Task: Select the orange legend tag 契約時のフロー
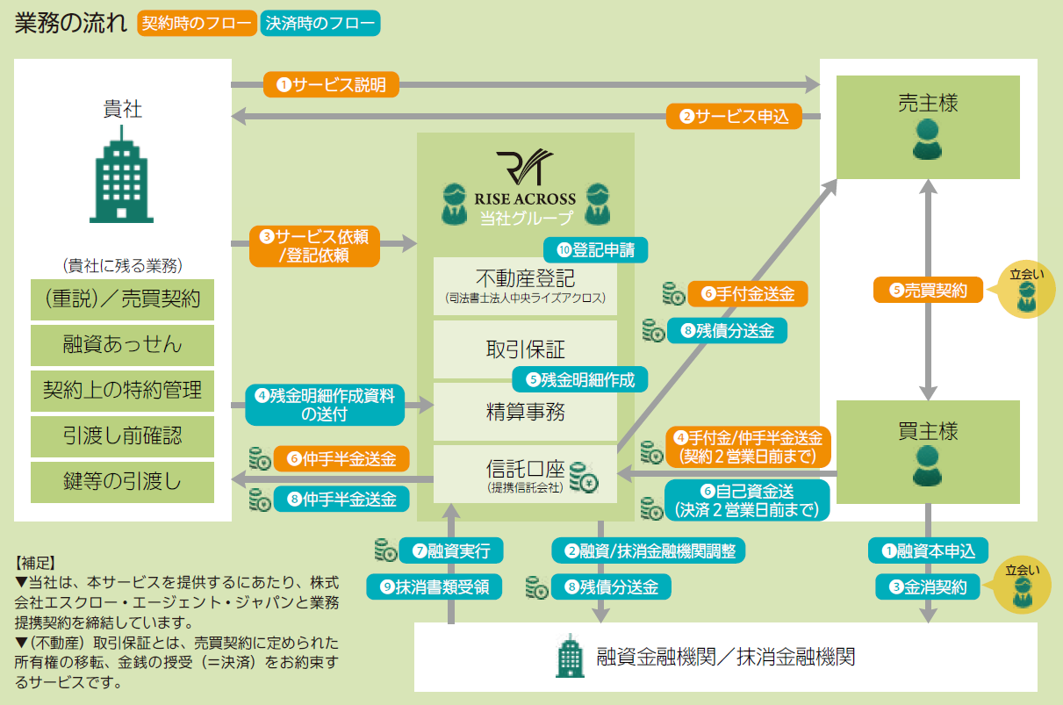click(x=198, y=24)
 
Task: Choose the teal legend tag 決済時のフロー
click(x=320, y=24)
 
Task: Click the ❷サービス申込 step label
click(x=734, y=116)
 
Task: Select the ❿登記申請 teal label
click(x=596, y=249)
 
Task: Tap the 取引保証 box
click(x=525, y=349)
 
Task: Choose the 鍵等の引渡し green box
click(x=122, y=482)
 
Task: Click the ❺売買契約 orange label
click(x=929, y=291)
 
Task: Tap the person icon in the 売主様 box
click(x=927, y=139)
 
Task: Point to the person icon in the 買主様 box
click(x=927, y=466)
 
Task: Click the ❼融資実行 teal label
click(x=451, y=550)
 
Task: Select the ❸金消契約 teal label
click(x=928, y=586)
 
